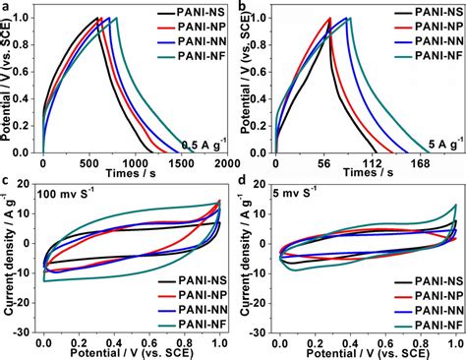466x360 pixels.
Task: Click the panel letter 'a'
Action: (8, 8)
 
